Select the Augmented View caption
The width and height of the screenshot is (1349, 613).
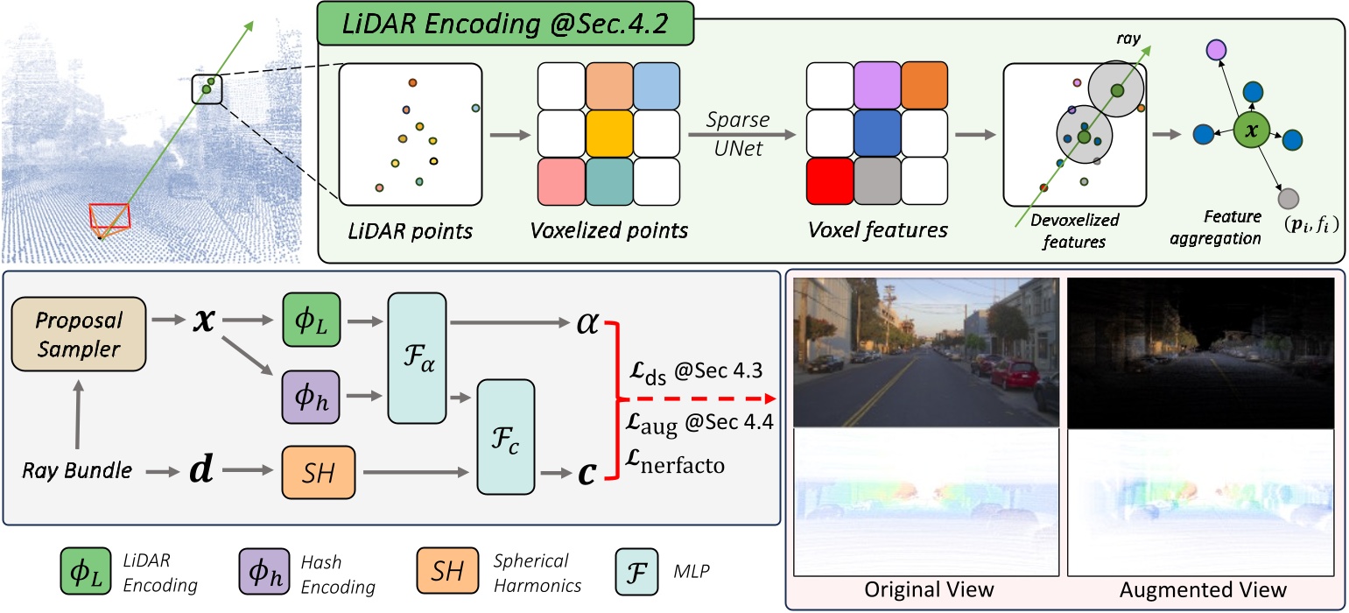(1204, 588)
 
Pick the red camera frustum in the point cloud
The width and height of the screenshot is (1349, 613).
(110, 217)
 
